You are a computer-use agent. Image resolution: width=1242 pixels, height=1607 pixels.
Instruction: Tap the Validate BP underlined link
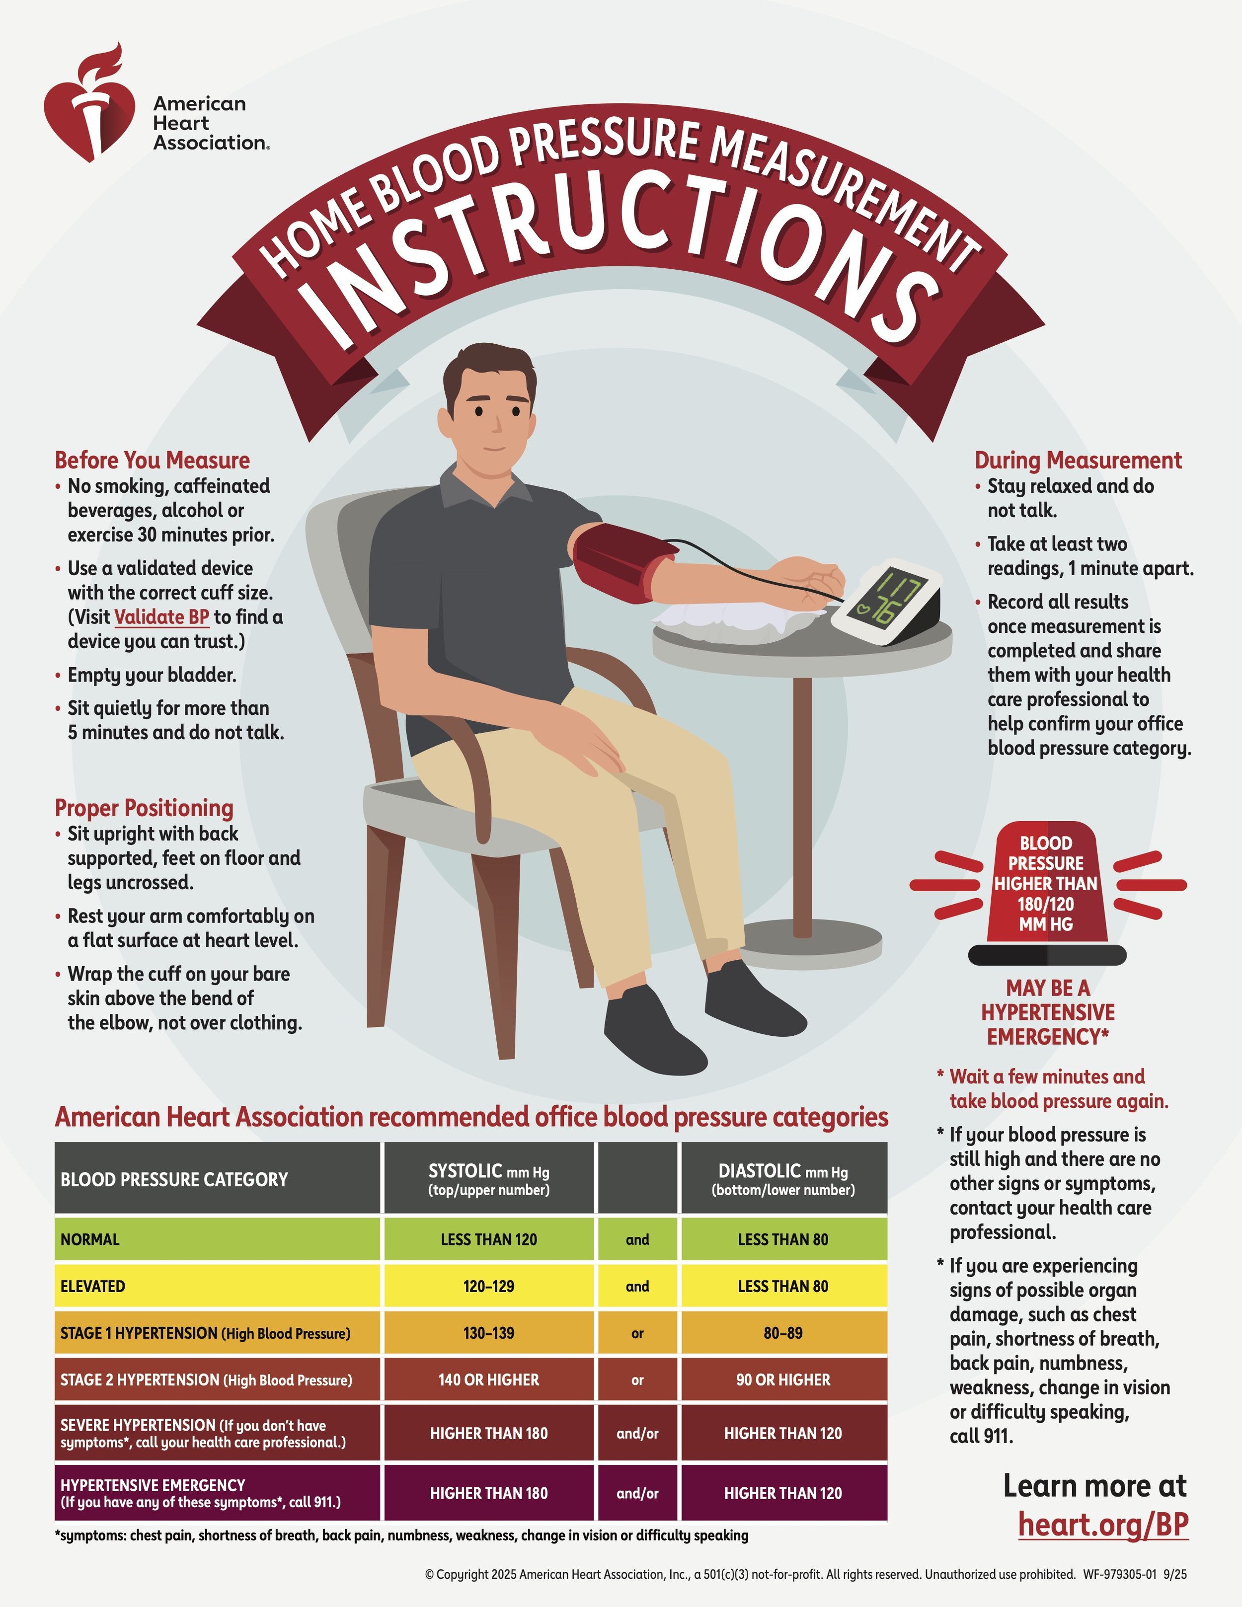(162, 616)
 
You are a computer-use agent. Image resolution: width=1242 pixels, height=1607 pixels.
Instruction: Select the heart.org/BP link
(1103, 1524)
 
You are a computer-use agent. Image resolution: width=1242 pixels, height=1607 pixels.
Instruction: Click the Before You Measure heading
(153, 460)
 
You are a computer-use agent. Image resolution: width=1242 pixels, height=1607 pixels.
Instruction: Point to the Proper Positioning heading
(144, 808)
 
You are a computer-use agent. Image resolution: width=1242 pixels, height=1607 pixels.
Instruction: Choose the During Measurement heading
(1078, 460)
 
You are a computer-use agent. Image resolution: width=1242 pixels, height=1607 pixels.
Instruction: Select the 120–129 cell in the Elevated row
(488, 1286)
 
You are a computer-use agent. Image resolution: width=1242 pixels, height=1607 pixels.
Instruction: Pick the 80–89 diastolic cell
(783, 1333)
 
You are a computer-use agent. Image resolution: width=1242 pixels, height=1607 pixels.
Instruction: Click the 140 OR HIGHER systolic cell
(488, 1379)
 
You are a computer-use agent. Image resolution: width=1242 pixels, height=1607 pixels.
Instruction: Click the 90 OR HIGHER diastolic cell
(783, 1379)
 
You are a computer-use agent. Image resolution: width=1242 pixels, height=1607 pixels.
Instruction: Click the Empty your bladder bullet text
(152, 675)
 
